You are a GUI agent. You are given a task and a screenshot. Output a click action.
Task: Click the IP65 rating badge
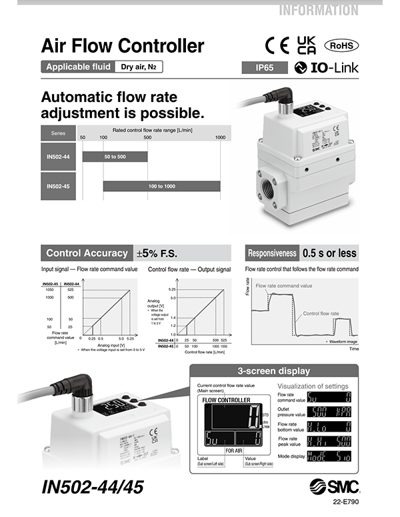pos(265,67)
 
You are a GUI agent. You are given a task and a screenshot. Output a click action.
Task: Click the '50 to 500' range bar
pos(114,157)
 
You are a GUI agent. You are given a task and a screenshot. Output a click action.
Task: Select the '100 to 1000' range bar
pos(161,186)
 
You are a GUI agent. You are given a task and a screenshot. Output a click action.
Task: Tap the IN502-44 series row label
pos(59,157)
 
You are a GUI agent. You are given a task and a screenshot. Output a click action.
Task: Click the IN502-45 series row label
pos(59,186)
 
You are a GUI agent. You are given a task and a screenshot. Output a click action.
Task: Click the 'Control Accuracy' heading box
pos(87,253)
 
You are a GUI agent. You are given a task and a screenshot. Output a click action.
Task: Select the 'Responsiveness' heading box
pos(271,253)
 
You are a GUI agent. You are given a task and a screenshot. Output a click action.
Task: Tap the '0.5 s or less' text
pos(329,253)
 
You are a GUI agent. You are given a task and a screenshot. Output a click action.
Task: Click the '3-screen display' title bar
pos(274,371)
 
